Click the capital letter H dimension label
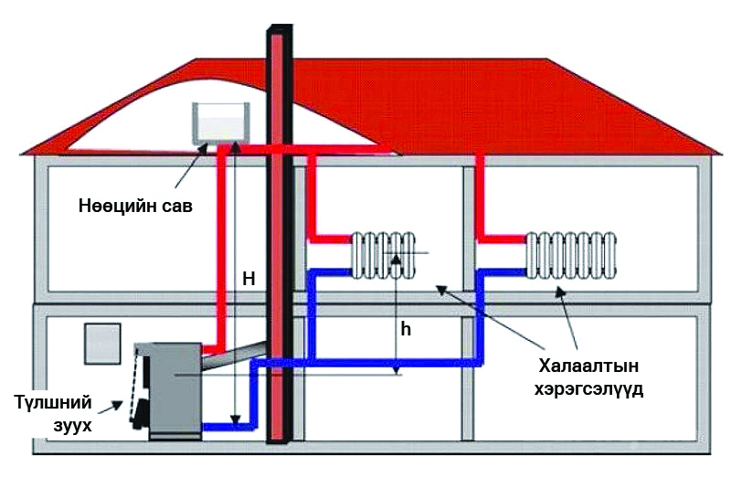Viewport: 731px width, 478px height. [x=248, y=280]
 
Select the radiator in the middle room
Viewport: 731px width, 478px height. [x=384, y=254]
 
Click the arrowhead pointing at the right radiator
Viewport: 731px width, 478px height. [x=558, y=291]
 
